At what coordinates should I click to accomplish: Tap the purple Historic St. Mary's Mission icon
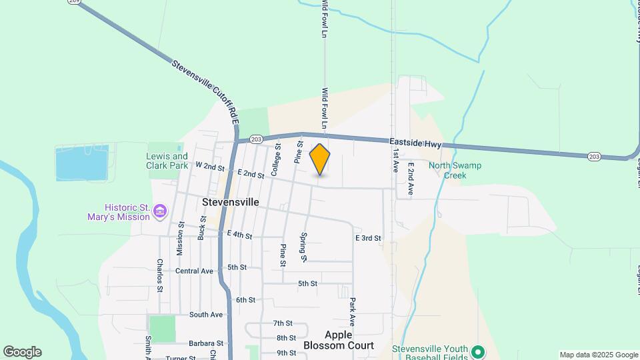[160, 212]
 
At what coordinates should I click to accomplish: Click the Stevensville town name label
[230, 201]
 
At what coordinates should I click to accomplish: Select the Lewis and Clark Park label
[167, 161]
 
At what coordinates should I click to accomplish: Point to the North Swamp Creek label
[455, 171]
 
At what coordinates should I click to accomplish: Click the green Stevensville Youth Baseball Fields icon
[477, 351]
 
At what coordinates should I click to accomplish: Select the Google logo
[22, 352]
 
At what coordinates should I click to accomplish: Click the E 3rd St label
[368, 238]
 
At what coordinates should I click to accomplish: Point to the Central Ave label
[194, 271]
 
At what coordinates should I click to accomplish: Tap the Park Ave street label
[353, 311]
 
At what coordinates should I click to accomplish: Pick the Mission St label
[180, 238]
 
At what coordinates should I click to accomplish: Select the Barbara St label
[205, 343]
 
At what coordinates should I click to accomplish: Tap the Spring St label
[303, 246]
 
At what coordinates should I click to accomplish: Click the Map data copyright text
[599, 355]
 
